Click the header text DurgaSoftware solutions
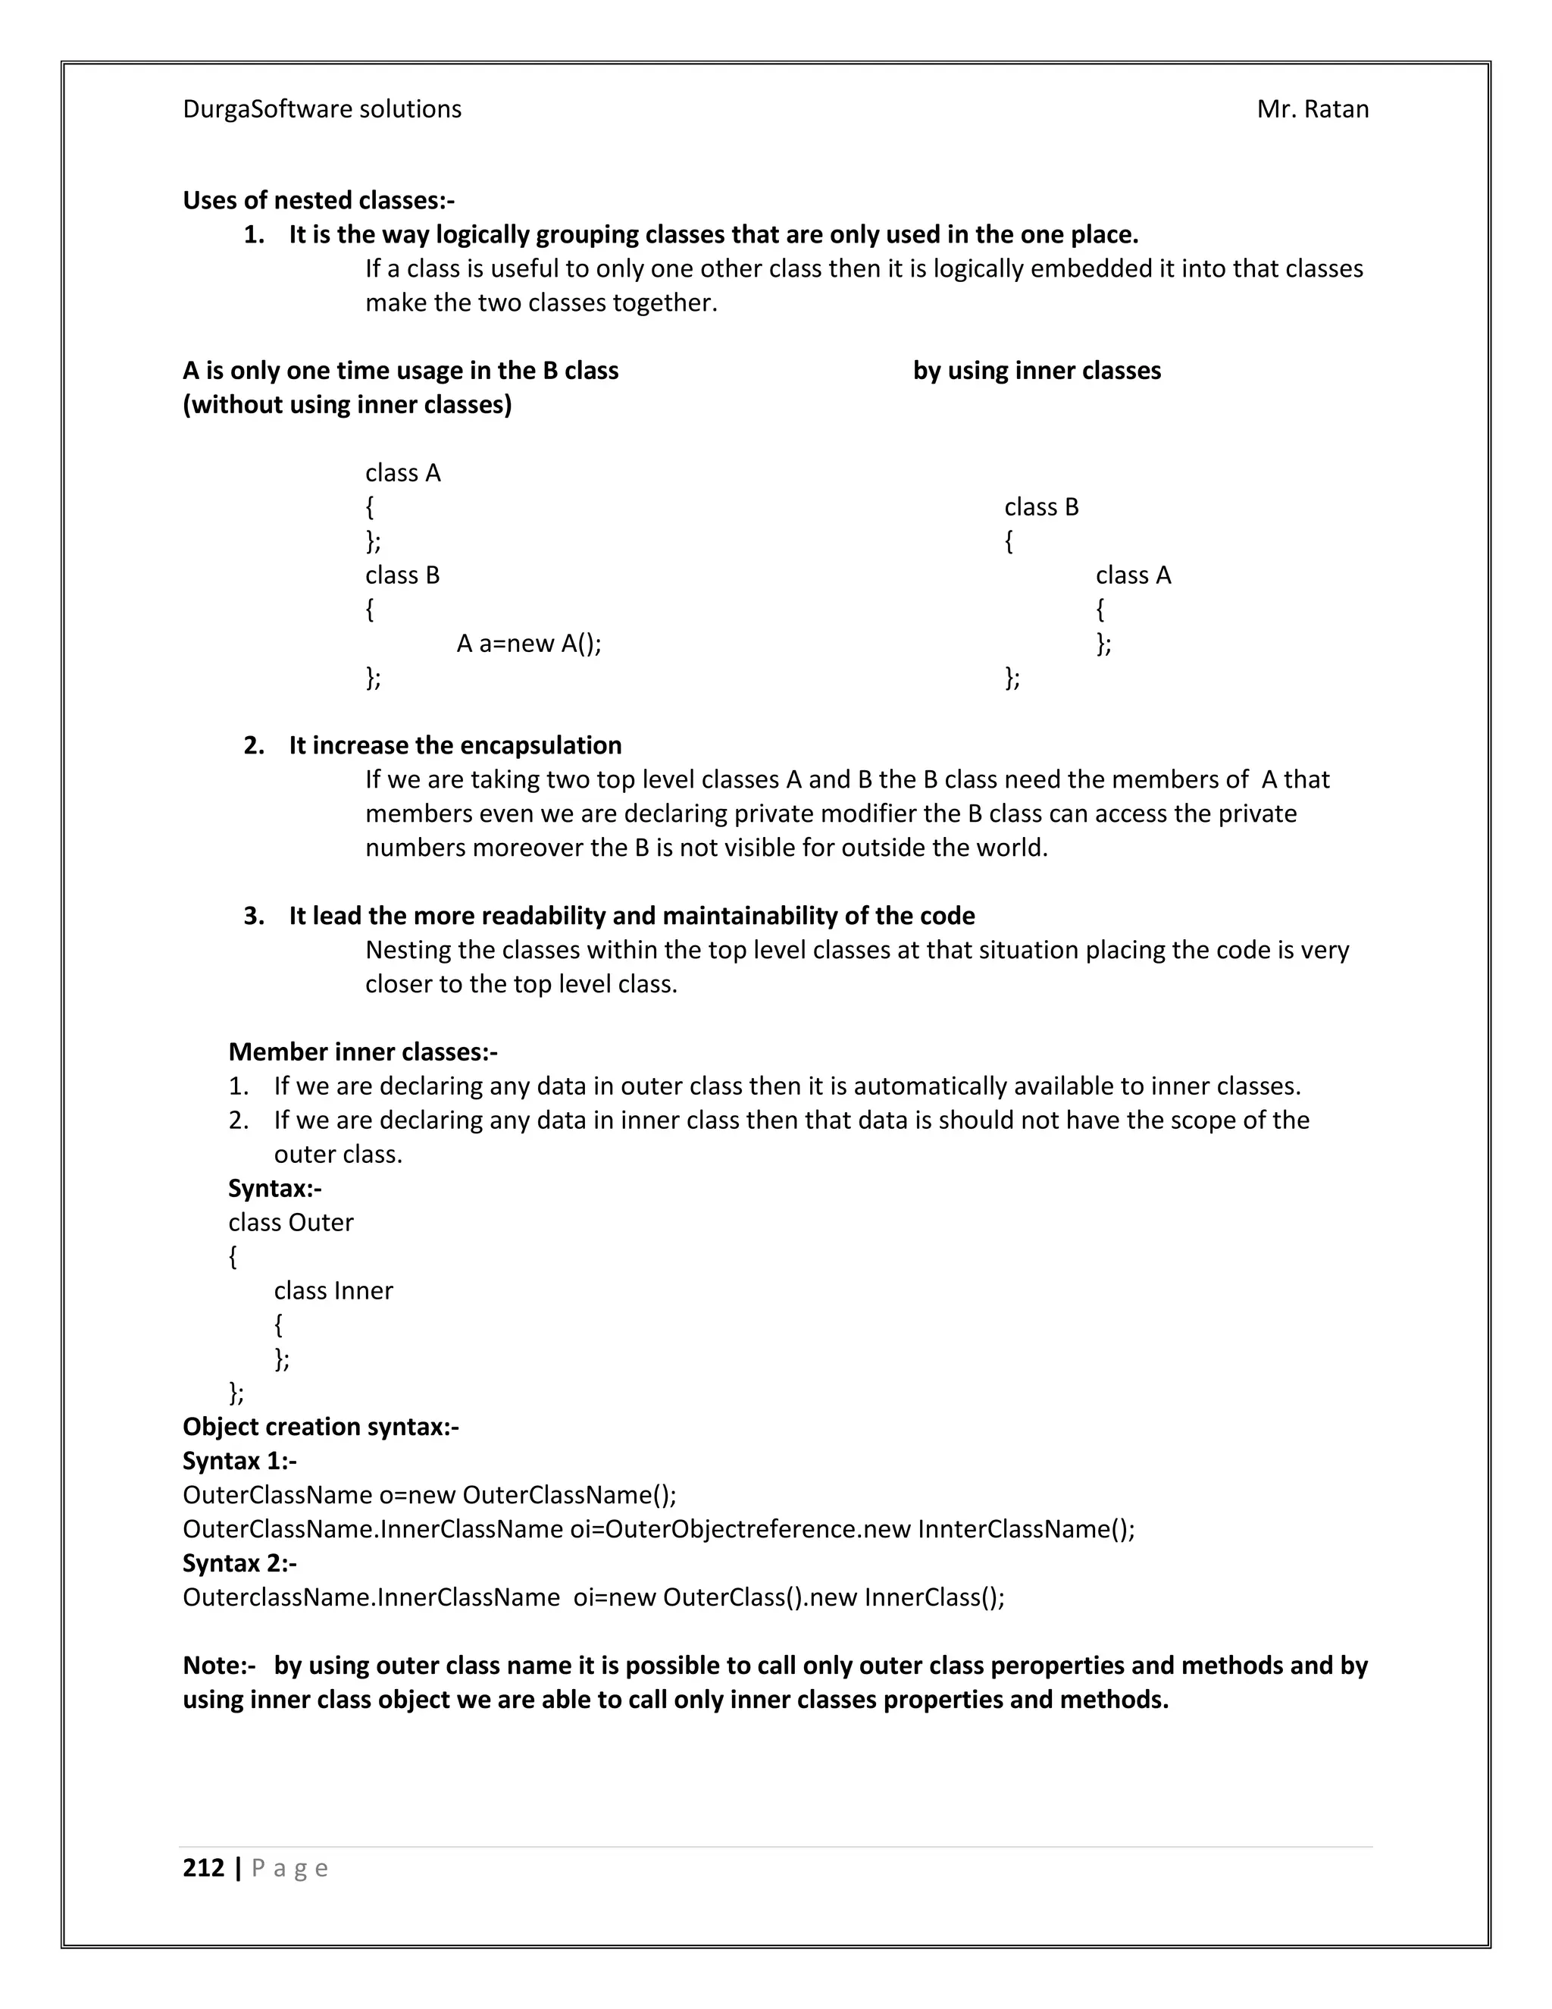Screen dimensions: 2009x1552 click(322, 109)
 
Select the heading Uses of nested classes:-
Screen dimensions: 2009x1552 click(318, 201)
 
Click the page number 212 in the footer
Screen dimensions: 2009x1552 click(203, 1867)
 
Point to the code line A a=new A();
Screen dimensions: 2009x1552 click(529, 644)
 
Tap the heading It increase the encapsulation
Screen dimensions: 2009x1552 click(455, 745)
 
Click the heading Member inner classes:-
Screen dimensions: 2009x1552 click(362, 1052)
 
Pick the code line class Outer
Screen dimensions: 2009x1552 click(290, 1223)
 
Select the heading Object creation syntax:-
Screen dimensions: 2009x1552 click(320, 1427)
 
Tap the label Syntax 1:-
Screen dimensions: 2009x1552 click(239, 1461)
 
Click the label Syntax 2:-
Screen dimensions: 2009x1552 click(239, 1563)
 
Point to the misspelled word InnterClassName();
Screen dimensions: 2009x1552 click(1026, 1529)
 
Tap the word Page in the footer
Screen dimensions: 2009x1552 click(289, 1868)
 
